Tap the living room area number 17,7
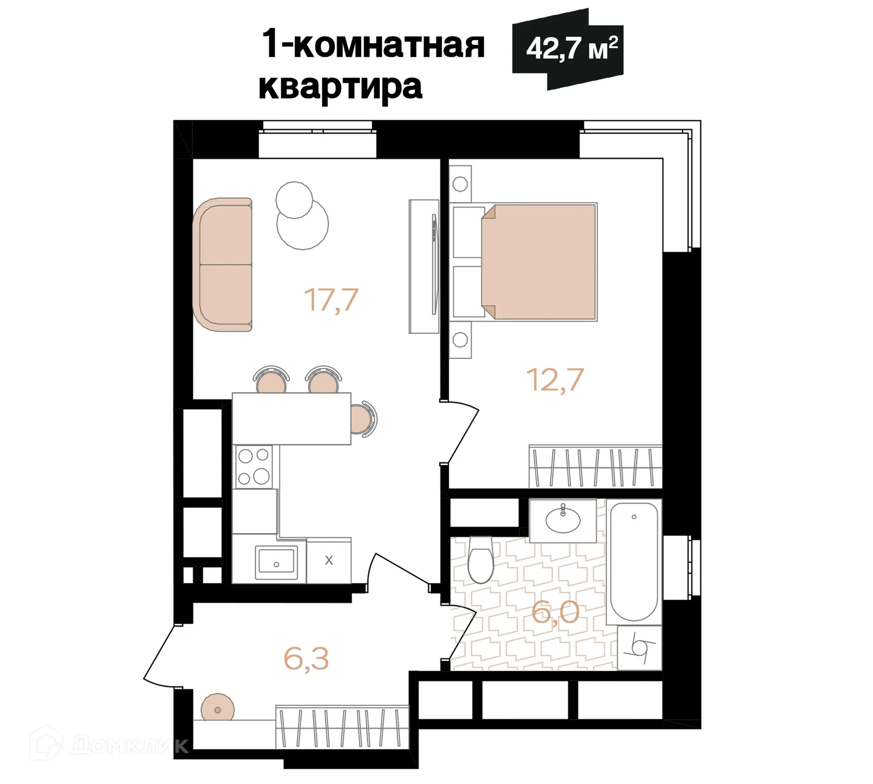pos(331,300)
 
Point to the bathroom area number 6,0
pos(555,612)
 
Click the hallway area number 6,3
pos(306,659)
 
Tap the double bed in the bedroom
pos(538,262)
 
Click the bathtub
pos(634,562)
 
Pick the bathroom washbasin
pos(563,520)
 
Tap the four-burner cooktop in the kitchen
pos(254,467)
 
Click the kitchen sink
pos(276,562)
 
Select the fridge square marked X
pos(329,560)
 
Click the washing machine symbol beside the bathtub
pos(639,648)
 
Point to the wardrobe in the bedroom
pos(595,467)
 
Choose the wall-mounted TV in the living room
pos(435,266)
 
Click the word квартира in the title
pos(340,86)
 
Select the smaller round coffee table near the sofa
pos(294,200)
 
